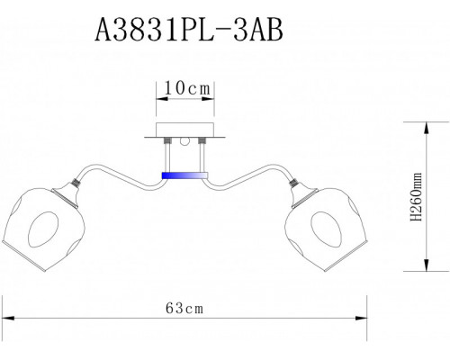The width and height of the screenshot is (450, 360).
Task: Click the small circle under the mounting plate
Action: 184,140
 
